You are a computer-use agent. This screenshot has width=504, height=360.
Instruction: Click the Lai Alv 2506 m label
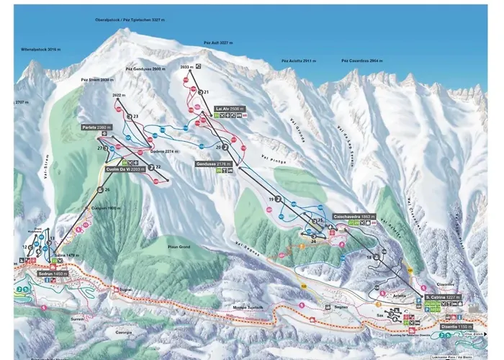click(x=230, y=109)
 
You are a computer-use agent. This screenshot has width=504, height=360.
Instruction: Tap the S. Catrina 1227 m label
click(x=442, y=297)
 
